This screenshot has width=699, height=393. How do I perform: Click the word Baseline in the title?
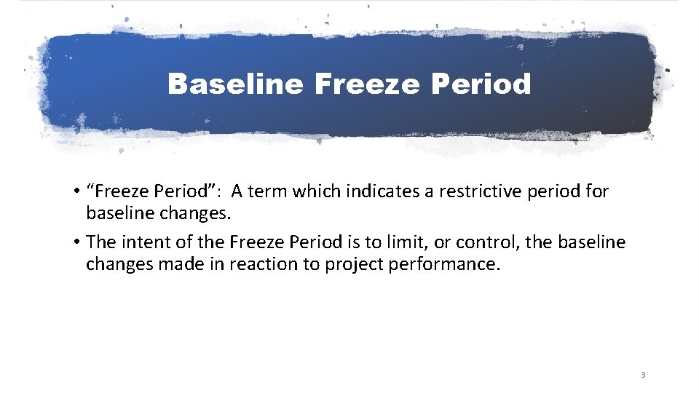235,84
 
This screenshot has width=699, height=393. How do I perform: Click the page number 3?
642,375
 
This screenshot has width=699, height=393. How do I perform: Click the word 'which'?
317,192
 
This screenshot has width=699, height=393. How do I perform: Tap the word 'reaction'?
264,263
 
